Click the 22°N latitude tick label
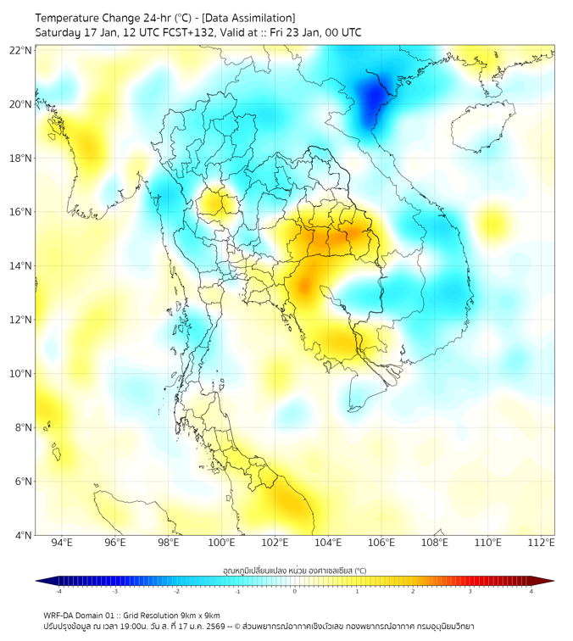click(21, 51)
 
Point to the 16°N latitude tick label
click(21, 212)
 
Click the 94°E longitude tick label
click(62, 543)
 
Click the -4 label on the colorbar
click(58, 591)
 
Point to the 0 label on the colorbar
click(295, 591)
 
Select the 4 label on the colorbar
click(531, 591)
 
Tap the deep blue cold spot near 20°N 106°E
click(374, 98)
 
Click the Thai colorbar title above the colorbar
click(294, 571)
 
